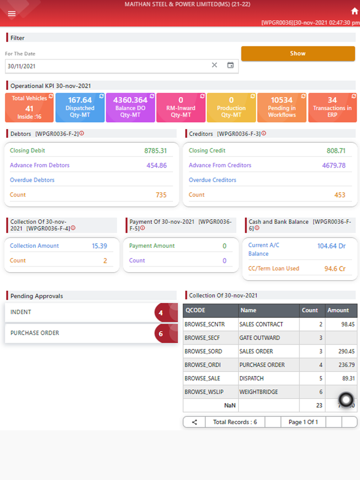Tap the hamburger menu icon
[12, 14]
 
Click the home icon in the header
[355, 11]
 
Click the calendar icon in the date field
[230, 65]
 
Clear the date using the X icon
[215, 65]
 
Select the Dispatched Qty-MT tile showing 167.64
[80, 107]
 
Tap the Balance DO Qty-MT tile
[130, 107]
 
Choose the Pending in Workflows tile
[282, 107]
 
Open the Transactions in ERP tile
[332, 107]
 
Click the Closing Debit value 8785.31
[156, 151]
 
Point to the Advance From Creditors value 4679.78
[334, 166]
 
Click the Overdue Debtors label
[32, 180]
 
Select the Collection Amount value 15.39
[99, 246]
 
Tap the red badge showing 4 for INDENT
[161, 313]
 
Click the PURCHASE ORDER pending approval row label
[35, 333]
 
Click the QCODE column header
[195, 310]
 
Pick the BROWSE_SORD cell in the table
[203, 351]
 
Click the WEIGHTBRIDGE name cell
[258, 392]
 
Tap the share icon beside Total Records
[194, 422]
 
